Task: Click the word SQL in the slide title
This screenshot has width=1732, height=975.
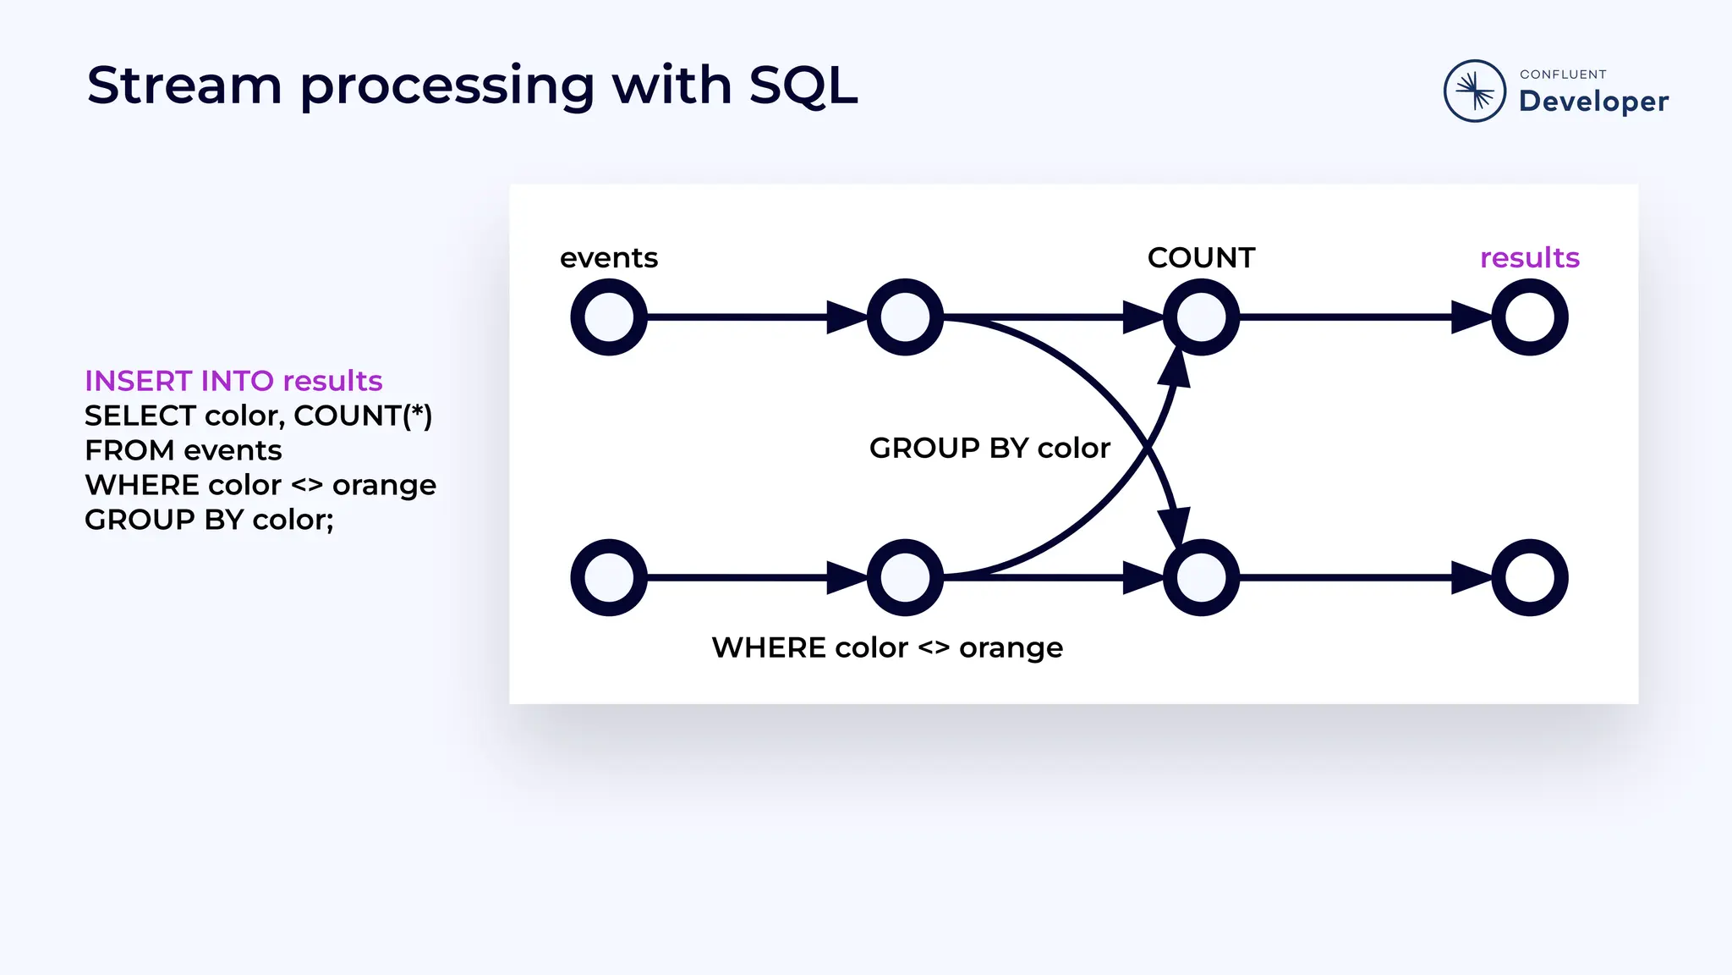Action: pos(803,85)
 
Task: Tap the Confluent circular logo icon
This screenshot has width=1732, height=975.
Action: pos(1474,91)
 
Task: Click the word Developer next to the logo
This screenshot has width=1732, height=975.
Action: pos(1593,102)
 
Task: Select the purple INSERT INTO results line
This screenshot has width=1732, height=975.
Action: pos(233,381)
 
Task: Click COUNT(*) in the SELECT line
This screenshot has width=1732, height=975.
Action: pos(363,416)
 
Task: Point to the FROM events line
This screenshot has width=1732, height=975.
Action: pos(183,450)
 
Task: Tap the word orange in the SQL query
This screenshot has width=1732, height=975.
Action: pos(384,485)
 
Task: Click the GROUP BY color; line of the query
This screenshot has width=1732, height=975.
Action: pos(209,520)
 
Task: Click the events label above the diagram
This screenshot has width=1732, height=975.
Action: pos(608,257)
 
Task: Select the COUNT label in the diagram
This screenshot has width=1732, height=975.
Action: pos(1201,257)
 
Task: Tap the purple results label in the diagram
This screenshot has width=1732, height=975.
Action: pos(1529,257)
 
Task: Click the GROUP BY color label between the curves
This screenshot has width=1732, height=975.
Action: pos(989,448)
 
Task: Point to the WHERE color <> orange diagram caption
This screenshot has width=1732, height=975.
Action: pos(887,647)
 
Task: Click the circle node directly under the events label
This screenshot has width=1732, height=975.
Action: pos(609,317)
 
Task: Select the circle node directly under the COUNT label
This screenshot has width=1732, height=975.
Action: pos(1201,317)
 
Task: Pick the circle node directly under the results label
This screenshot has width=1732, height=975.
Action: pos(1529,317)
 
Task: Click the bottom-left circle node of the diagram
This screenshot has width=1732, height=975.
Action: pos(609,577)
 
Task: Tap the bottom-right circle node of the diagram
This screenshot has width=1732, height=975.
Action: pos(1529,577)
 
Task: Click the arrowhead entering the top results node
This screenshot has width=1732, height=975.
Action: pos(1472,317)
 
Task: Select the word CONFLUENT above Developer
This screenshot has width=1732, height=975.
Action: pos(1563,74)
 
